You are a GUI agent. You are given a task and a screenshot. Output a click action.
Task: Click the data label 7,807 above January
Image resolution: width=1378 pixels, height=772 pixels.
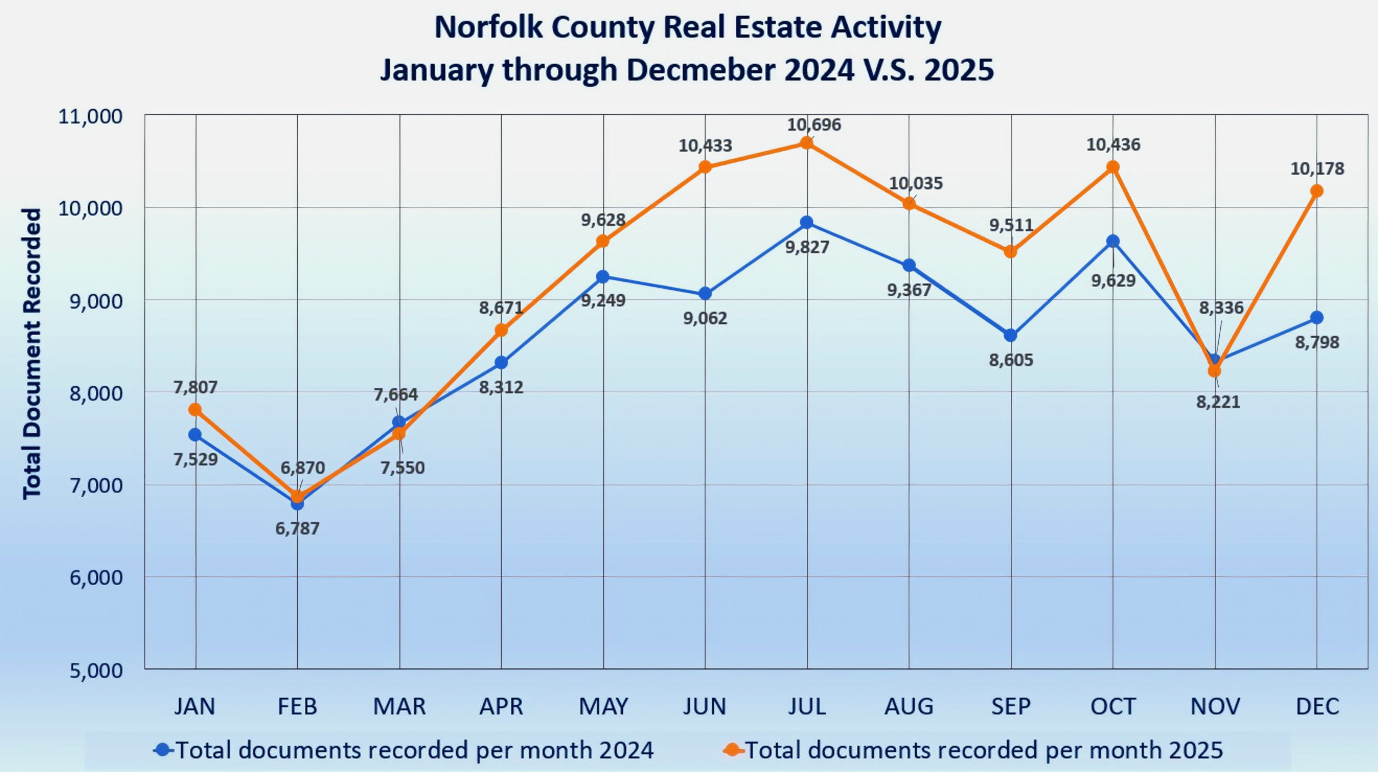(195, 387)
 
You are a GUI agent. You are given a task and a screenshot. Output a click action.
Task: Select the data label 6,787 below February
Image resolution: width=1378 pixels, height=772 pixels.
(297, 528)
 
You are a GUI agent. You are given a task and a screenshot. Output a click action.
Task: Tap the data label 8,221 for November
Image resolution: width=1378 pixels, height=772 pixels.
(1218, 402)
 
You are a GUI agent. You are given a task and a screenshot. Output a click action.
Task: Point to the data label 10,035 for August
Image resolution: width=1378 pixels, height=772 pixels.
(916, 184)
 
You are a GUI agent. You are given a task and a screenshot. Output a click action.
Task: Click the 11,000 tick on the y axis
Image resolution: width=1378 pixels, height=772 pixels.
(90, 116)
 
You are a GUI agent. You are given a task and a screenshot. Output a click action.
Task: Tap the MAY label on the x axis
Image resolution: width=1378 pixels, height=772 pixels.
(603, 706)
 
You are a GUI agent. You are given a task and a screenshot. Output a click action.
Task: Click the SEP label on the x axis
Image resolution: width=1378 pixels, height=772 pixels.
(1011, 706)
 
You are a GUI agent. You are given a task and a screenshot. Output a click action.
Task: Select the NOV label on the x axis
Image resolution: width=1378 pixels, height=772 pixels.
(1215, 706)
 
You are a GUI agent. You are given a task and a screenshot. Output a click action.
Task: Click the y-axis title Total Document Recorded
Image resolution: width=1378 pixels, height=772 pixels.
(31, 353)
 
